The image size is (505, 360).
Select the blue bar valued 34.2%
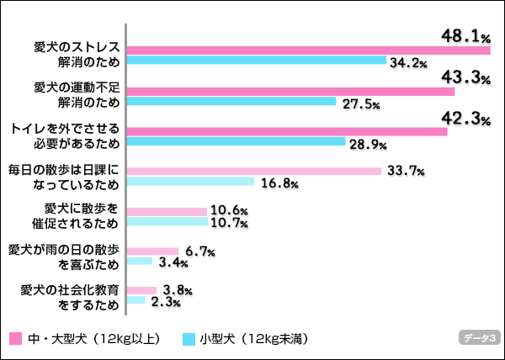coord(256,61)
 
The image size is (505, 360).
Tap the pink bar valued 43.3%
coord(290,91)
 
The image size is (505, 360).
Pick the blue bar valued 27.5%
coord(231,101)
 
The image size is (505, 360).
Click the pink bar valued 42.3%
coord(286,131)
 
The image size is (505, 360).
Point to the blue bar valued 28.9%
coord(236,141)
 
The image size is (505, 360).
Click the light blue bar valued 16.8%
coord(190,182)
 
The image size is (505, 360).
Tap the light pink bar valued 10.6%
coord(167,211)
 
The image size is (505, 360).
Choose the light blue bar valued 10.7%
coord(167,221)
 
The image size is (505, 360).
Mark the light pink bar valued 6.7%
coord(152,251)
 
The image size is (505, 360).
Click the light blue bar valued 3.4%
coord(140,261)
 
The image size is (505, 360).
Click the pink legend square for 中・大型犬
coord(14,338)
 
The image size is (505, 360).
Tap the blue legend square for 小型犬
coord(189,338)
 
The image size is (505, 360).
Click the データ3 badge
coord(479,338)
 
